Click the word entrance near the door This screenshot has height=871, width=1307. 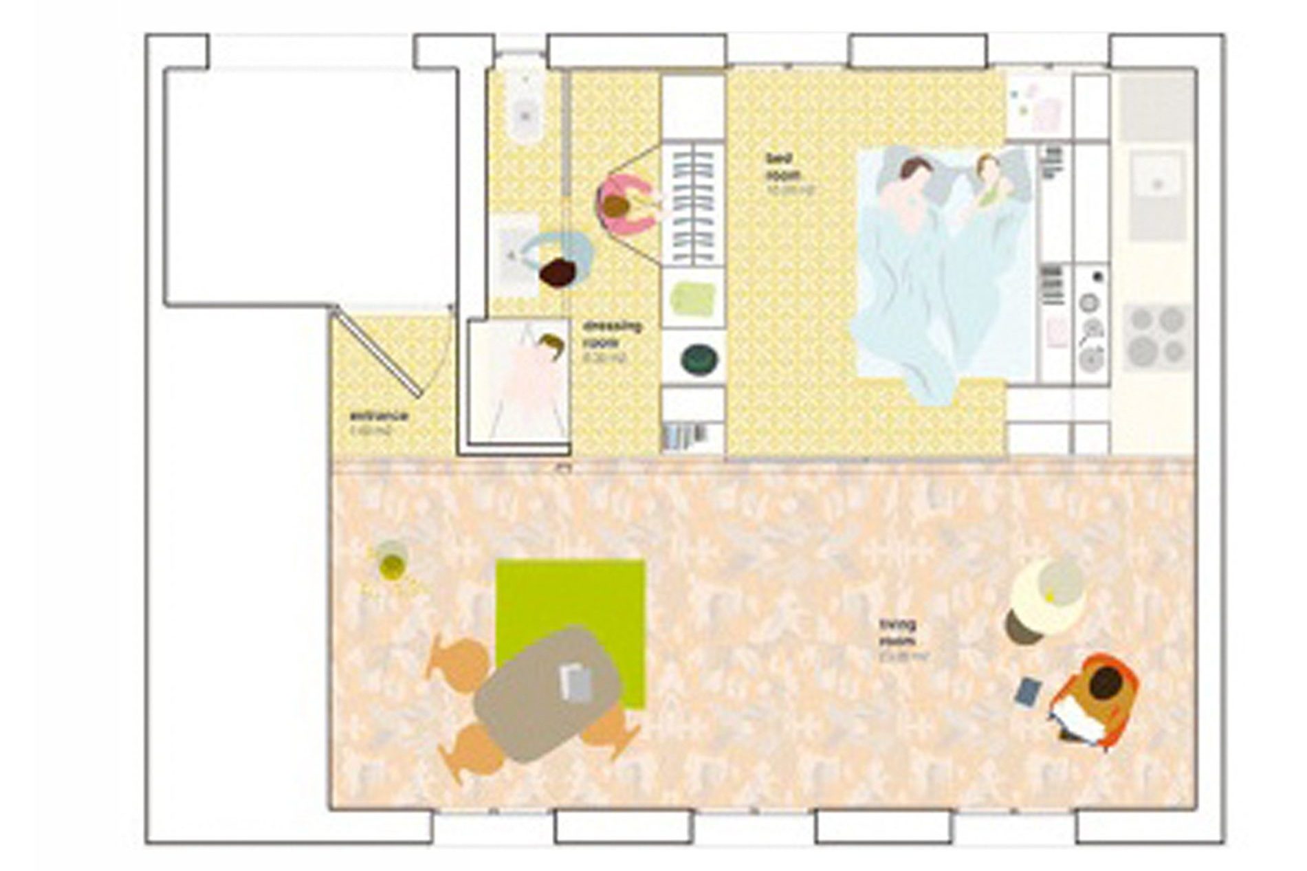pyautogui.click(x=379, y=416)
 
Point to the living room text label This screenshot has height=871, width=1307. pyautogui.click(x=897, y=632)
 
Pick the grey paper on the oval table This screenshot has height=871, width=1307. pyautogui.click(x=576, y=683)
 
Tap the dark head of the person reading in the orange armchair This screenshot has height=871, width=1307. pyautogui.click(x=1104, y=683)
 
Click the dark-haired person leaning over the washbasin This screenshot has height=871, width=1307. pyautogui.click(x=558, y=272)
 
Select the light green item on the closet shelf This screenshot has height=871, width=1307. pyautogui.click(x=692, y=299)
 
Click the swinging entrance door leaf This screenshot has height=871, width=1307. pyautogui.click(x=377, y=353)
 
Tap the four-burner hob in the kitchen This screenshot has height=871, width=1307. pyautogui.click(x=1158, y=336)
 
